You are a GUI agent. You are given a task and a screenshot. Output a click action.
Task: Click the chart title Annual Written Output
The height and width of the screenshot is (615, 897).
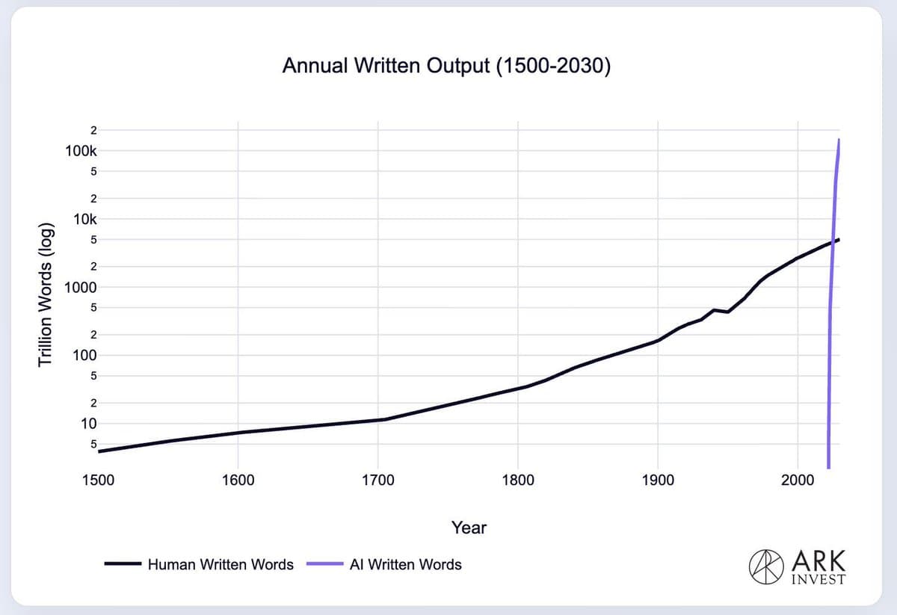click(447, 67)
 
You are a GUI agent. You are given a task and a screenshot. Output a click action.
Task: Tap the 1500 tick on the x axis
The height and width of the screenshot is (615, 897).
click(98, 480)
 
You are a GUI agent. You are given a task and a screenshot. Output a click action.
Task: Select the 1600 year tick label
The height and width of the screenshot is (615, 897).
click(238, 480)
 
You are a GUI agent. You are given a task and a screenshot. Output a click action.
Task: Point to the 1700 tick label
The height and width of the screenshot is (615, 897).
click(378, 480)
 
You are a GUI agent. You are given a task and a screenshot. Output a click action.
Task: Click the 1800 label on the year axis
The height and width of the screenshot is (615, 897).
click(518, 480)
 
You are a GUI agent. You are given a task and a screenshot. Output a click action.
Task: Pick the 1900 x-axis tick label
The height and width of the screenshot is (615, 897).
click(658, 480)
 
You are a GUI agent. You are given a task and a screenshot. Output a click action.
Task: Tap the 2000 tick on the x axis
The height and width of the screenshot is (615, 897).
click(798, 480)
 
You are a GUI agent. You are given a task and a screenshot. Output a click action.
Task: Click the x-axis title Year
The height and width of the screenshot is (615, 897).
click(469, 528)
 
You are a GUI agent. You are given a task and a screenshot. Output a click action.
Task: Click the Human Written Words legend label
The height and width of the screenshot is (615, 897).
click(221, 565)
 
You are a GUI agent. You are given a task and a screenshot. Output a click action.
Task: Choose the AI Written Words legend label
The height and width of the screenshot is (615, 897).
click(405, 565)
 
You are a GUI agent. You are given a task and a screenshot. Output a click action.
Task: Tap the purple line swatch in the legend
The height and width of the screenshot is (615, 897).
click(324, 565)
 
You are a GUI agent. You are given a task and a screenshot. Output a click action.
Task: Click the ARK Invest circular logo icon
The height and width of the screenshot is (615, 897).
click(761, 565)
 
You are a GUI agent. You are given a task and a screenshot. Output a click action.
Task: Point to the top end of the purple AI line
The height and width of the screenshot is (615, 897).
click(839, 140)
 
